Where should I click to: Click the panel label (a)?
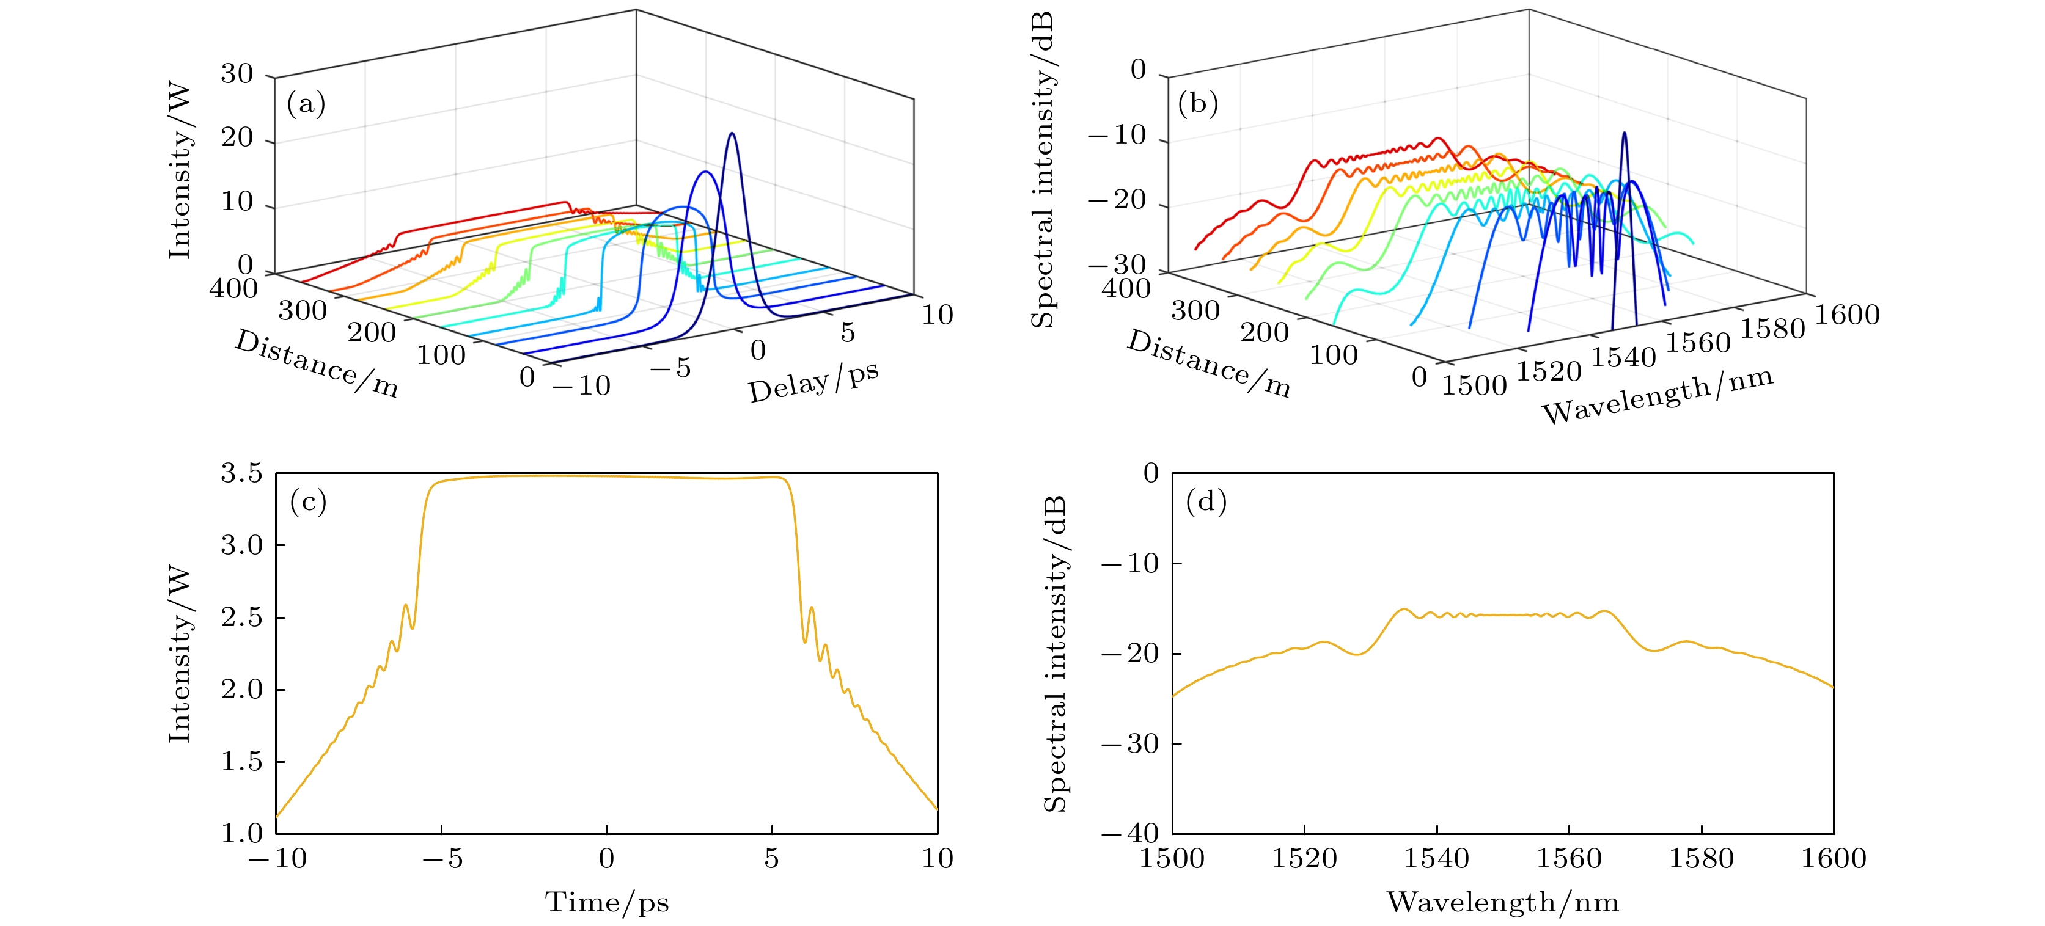tap(306, 104)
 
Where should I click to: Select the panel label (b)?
tap(1198, 104)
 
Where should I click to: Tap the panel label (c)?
tap(308, 501)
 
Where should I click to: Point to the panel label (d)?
tap(1206, 501)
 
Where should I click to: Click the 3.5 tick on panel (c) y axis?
tap(241, 474)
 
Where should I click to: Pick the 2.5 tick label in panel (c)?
tap(241, 618)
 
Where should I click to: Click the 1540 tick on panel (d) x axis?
tap(1437, 859)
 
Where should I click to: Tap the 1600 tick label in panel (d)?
tap(1833, 859)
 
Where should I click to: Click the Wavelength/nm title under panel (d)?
tap(1502, 902)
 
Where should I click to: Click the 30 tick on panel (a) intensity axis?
tap(237, 75)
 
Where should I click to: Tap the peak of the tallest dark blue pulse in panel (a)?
tap(732, 133)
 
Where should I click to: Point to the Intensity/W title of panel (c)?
tap(180, 654)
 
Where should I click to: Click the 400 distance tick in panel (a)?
tap(233, 288)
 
